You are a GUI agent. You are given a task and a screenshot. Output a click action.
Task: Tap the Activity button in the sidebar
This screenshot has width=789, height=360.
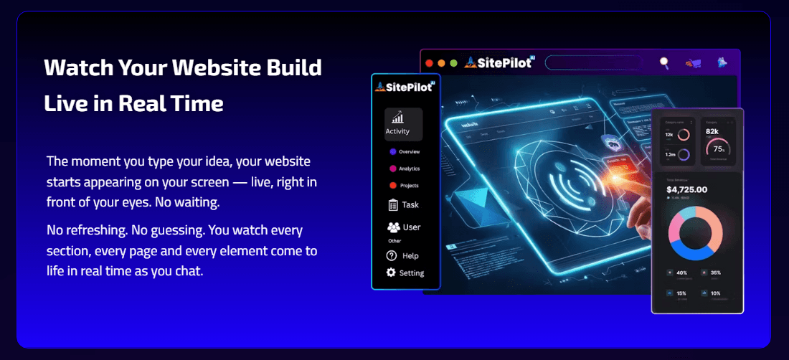pos(397,124)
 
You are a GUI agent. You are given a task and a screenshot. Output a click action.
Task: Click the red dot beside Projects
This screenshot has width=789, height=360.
pos(392,186)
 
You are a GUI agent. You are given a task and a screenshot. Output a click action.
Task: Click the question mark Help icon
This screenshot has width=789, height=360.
pos(392,255)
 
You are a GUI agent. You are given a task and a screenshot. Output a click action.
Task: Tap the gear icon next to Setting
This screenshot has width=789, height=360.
pos(391,273)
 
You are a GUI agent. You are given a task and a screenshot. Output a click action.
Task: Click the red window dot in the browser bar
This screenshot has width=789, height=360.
pos(430,63)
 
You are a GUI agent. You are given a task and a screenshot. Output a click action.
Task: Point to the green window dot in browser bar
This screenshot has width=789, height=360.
pos(453,63)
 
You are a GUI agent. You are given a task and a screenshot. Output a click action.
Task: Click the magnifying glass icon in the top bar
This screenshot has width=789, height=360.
pos(664,63)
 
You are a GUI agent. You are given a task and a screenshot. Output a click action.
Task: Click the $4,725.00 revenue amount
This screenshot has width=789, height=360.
pos(687,190)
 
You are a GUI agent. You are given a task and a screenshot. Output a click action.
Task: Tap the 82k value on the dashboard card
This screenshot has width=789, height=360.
pos(712,132)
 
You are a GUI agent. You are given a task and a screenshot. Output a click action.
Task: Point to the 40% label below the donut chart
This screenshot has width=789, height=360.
pos(681,273)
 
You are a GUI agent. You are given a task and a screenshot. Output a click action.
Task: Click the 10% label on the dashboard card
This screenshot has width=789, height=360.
pos(716,293)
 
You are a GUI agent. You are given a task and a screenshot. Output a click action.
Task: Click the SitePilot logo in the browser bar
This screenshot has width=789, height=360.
pos(501,62)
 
